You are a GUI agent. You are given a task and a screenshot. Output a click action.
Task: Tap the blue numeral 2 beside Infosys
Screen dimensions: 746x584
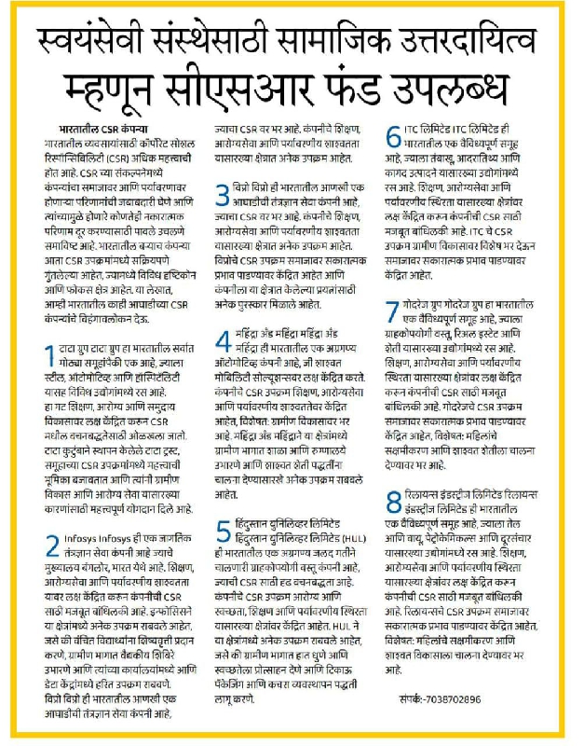[x=53, y=544]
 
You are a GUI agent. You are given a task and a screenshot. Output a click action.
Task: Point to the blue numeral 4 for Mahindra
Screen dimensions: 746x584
[x=223, y=340]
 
